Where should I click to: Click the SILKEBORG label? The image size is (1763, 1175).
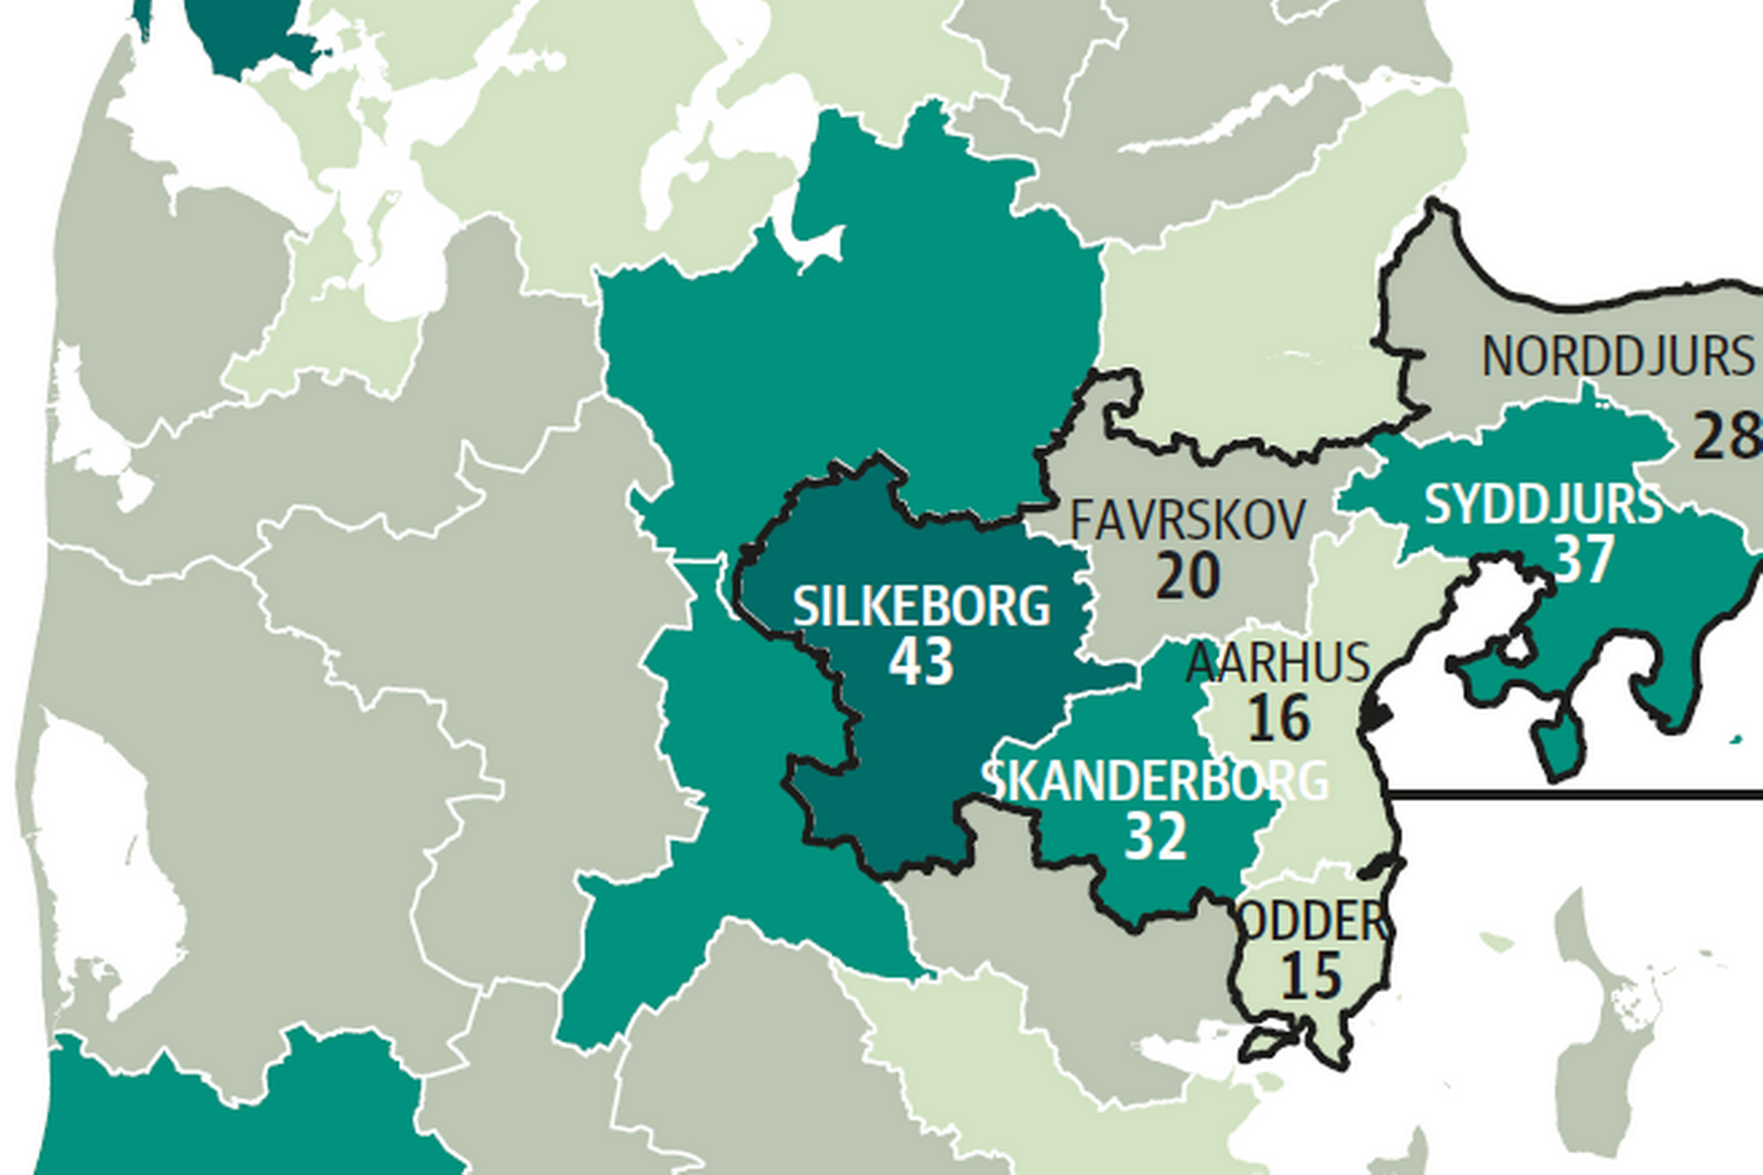(921, 606)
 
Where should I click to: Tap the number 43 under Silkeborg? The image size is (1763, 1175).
(921, 661)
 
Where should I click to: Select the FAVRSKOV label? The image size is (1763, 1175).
(1187, 521)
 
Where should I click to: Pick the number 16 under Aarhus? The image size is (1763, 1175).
(1279, 718)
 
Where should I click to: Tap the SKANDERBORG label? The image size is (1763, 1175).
(1155, 781)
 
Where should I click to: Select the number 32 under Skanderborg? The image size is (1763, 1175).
(1156, 836)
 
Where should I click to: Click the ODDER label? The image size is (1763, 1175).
(1313, 922)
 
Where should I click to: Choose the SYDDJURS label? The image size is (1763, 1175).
(1543, 505)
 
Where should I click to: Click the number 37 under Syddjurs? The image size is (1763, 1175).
(1583, 559)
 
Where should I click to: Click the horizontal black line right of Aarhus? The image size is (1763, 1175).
(1574, 794)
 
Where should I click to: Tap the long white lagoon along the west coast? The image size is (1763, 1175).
(105, 862)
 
